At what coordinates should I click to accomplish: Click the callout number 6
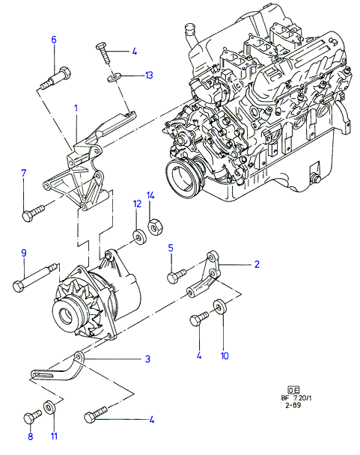tap(54, 40)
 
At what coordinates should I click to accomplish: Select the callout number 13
tap(149, 76)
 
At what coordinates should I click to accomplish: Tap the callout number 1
tap(76, 109)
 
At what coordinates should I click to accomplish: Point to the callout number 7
tap(24, 173)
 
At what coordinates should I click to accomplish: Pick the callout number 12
tap(137, 204)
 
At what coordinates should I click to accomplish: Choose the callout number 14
tap(150, 195)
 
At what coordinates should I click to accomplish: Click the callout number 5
tap(171, 248)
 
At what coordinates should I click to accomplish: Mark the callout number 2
tap(257, 264)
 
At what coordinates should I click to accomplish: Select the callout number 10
tap(225, 355)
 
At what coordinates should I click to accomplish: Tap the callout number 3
tap(147, 359)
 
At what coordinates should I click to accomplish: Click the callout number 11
tap(54, 436)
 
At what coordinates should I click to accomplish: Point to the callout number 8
tap(31, 436)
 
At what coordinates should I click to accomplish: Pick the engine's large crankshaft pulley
tap(184, 177)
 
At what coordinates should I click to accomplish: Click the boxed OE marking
tap(293, 391)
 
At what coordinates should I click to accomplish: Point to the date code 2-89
tap(293, 405)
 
